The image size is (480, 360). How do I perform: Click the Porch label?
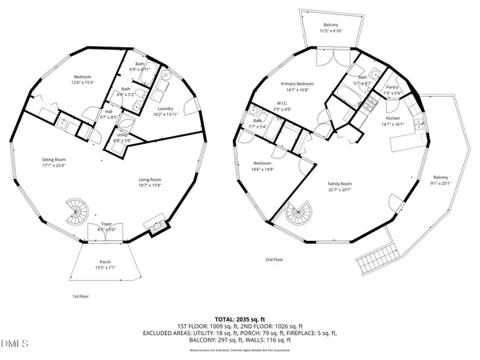105,264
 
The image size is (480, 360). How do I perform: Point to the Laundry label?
166,110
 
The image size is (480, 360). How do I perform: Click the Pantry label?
392,90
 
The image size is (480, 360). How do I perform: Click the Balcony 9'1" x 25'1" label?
441,179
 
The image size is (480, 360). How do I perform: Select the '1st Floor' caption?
80,296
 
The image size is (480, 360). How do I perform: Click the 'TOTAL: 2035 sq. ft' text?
240,318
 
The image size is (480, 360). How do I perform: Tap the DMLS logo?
14,344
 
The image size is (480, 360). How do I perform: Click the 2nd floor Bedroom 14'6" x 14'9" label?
262,166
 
